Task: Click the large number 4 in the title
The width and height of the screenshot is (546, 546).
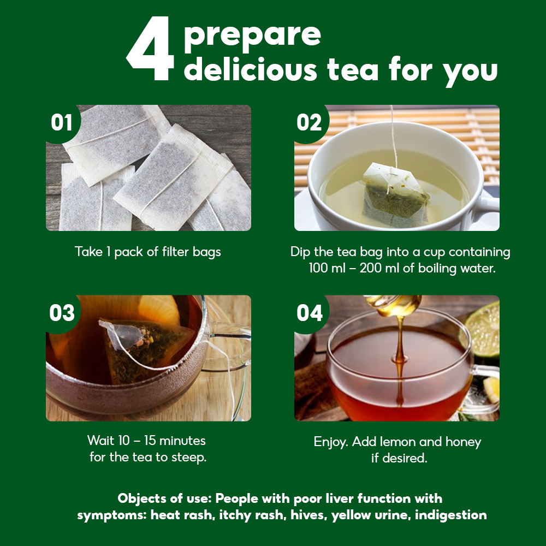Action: pos(151,48)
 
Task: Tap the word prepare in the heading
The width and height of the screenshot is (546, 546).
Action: pos(252,36)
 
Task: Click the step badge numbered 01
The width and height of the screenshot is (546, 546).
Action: pos(62,122)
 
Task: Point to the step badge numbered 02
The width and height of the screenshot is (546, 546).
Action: pos(309,122)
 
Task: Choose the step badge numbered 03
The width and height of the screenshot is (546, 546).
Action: pos(62,313)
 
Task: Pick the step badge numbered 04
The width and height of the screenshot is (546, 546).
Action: pos(310,313)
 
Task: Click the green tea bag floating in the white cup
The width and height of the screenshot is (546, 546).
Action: pos(395,195)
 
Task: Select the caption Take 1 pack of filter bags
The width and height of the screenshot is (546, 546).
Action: pos(147,252)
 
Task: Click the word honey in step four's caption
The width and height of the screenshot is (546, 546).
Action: pos(463,442)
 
